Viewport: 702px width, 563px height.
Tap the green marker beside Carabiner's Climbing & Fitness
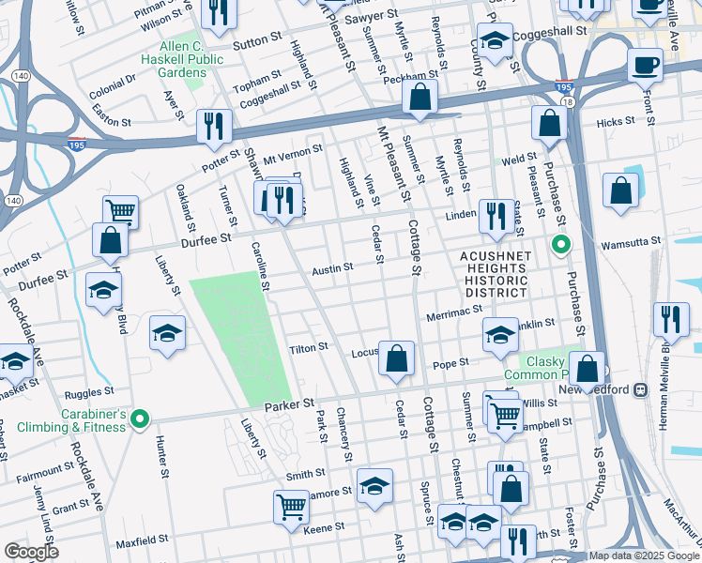(x=140, y=418)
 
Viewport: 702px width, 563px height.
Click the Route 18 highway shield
(x=566, y=100)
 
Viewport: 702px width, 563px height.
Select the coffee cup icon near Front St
(x=645, y=66)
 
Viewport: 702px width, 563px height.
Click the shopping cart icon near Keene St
(x=291, y=506)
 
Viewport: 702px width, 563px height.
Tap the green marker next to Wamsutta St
(x=561, y=247)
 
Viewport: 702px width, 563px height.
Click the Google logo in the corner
(x=31, y=552)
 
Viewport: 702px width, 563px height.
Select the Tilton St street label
(x=308, y=346)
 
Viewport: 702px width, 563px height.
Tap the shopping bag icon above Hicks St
(x=549, y=122)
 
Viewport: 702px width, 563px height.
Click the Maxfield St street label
(x=141, y=542)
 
